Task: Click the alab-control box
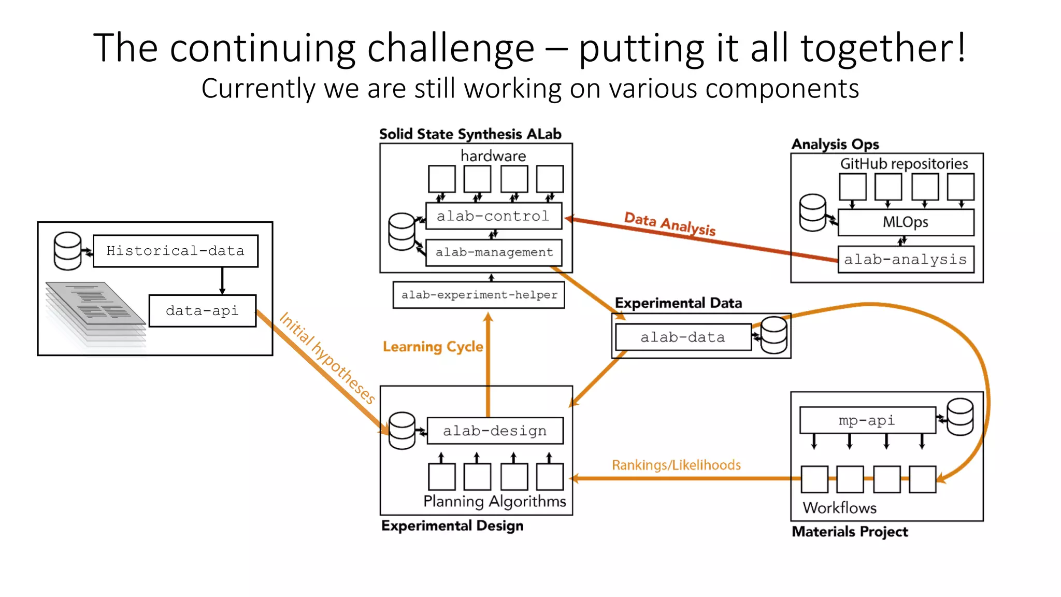493,216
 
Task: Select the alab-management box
493,252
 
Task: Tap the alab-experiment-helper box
479,295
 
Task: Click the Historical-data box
175,251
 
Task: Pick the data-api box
202,311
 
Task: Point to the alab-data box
683,337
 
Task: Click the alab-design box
495,431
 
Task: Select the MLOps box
905,222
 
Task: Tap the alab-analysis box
905,260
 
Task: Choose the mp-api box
867,420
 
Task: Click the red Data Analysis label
670,224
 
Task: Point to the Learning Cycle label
433,347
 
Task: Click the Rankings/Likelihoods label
676,465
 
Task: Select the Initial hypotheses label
327,358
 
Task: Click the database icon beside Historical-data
68,251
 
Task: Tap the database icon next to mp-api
960,417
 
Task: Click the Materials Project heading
850,532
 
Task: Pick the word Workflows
839,508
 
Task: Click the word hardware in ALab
493,156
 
